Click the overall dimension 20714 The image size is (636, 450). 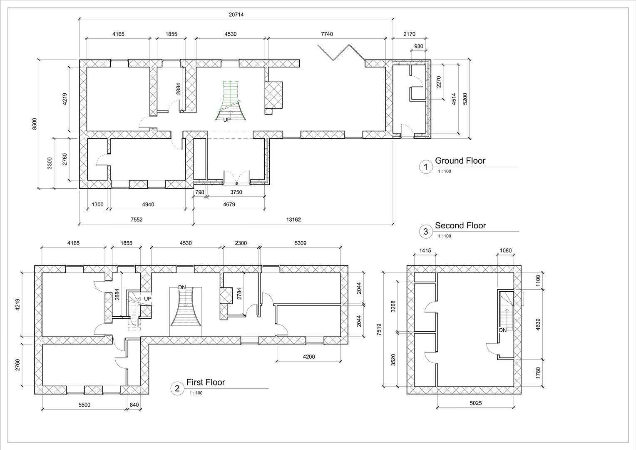[236, 15]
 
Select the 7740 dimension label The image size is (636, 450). [327, 34]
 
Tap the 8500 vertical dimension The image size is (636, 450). [35, 124]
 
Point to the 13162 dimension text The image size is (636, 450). [293, 220]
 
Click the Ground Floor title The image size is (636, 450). [460, 161]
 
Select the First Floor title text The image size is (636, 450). [206, 382]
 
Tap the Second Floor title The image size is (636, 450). [460, 225]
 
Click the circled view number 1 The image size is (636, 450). [425, 167]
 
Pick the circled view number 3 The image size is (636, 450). [425, 232]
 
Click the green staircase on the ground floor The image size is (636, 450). [230, 99]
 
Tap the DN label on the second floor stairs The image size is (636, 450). [503, 330]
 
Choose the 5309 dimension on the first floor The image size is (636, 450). [300, 243]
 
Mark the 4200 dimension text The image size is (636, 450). [308, 357]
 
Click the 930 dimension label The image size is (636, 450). [419, 46]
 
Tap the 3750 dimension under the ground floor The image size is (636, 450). [236, 192]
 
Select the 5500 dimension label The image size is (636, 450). [84, 405]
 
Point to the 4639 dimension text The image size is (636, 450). [538, 324]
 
